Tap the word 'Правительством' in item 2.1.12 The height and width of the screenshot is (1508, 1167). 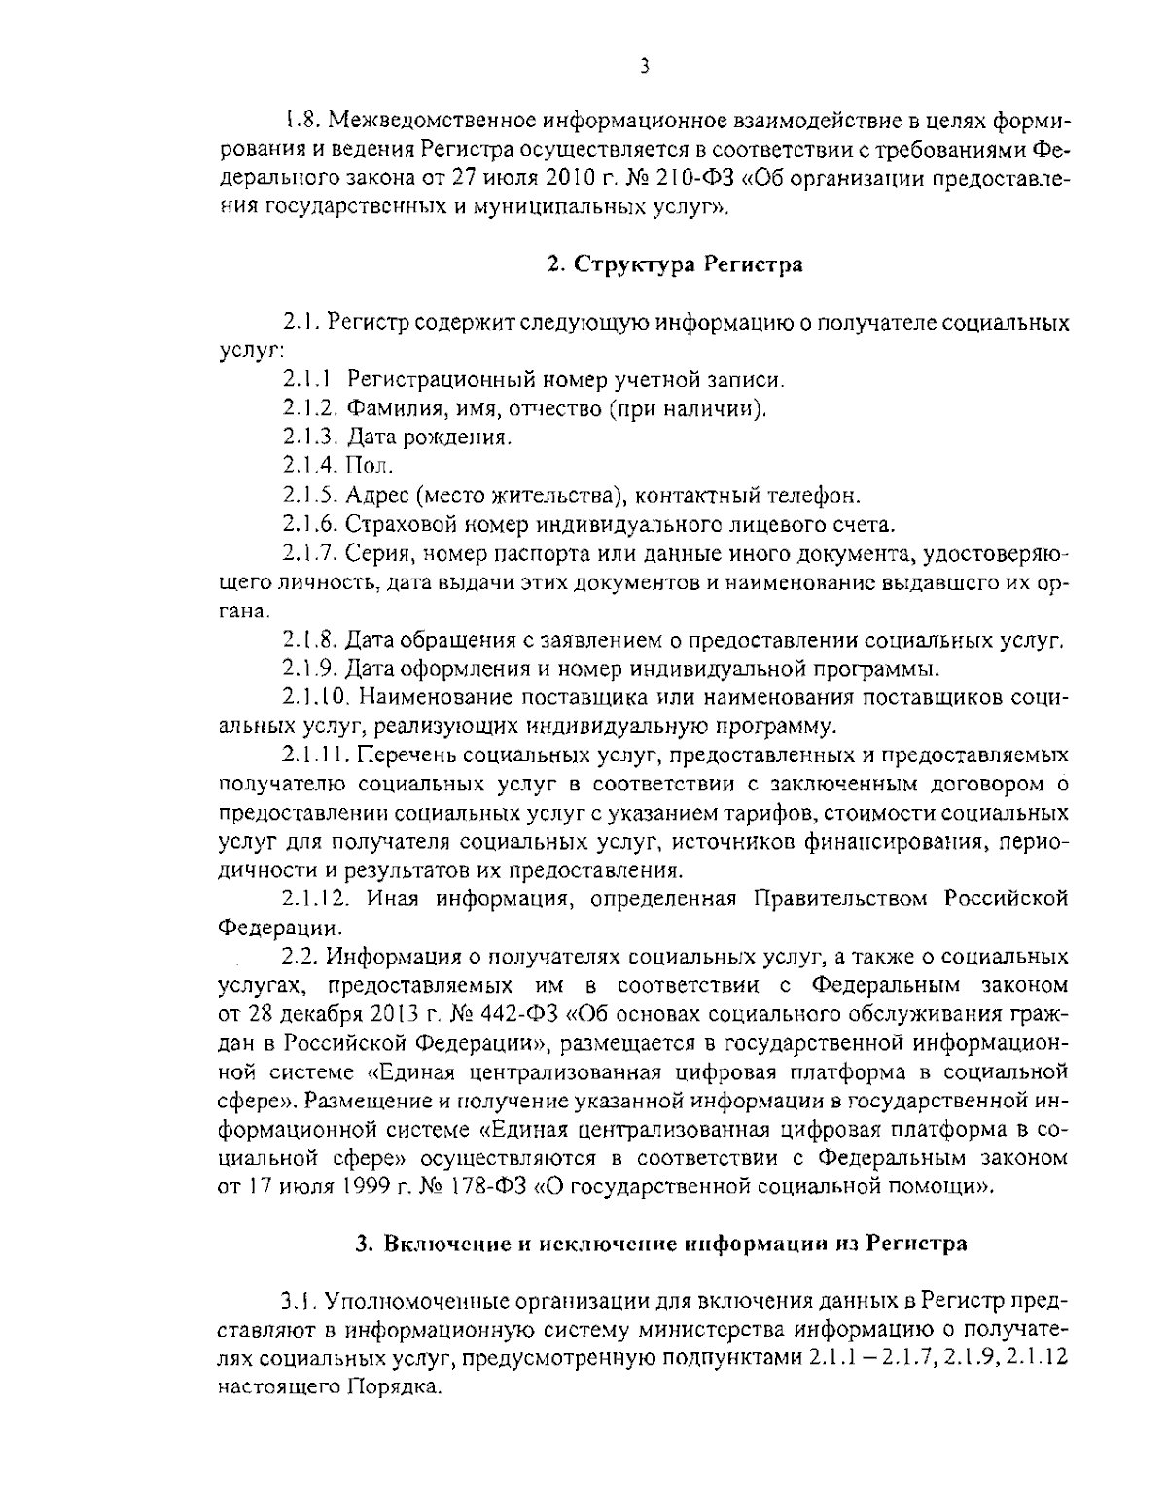(x=839, y=897)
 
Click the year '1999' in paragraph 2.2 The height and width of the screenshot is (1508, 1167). (x=366, y=1185)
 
